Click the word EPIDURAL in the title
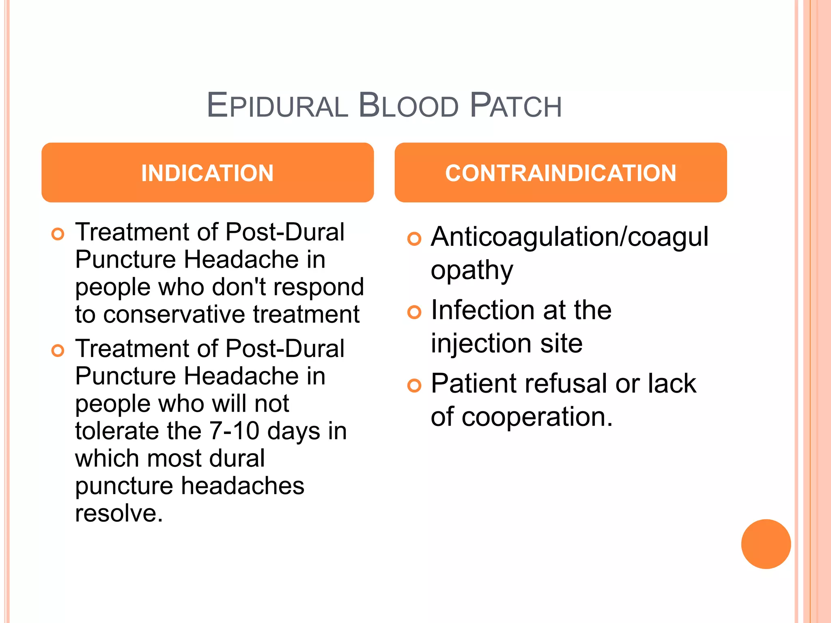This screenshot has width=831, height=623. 277,105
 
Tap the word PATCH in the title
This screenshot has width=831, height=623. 515,105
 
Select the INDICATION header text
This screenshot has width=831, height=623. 207,173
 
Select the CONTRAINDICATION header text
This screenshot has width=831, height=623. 560,173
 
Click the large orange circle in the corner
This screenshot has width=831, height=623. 766,544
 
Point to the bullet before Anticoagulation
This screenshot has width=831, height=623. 414,239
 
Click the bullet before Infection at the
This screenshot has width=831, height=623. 414,312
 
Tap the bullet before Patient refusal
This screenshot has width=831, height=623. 414,385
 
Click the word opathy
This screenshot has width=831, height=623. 472,271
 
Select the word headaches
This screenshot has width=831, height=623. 242,486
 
